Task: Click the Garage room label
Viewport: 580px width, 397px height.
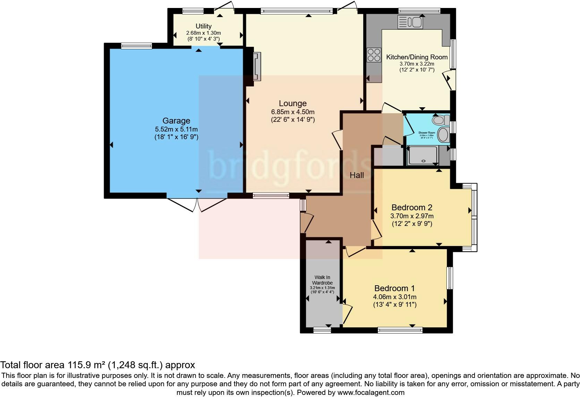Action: pyautogui.click(x=176, y=121)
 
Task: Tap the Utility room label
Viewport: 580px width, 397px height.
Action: pyautogui.click(x=204, y=26)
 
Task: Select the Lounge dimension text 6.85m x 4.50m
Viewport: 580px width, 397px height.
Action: pyautogui.click(x=292, y=112)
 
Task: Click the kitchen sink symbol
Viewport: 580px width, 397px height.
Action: pyautogui.click(x=410, y=23)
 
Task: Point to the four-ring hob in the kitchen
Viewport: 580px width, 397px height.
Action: pyautogui.click(x=374, y=55)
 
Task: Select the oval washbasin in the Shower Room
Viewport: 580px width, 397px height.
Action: pyautogui.click(x=443, y=135)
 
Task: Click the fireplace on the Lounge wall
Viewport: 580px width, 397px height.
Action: pyautogui.click(x=257, y=66)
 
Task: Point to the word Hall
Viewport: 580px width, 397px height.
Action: pyautogui.click(x=357, y=175)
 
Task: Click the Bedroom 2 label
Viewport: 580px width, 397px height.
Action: pyautogui.click(x=412, y=208)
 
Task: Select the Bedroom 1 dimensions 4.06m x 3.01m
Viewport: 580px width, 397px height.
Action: pyautogui.click(x=394, y=297)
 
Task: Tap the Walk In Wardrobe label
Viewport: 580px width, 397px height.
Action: pyautogui.click(x=322, y=280)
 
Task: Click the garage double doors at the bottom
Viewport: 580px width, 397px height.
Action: pyautogui.click(x=197, y=204)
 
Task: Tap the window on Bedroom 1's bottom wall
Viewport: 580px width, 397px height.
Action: pyautogui.click(x=400, y=330)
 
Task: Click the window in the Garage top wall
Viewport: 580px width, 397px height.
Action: pyautogui.click(x=136, y=45)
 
